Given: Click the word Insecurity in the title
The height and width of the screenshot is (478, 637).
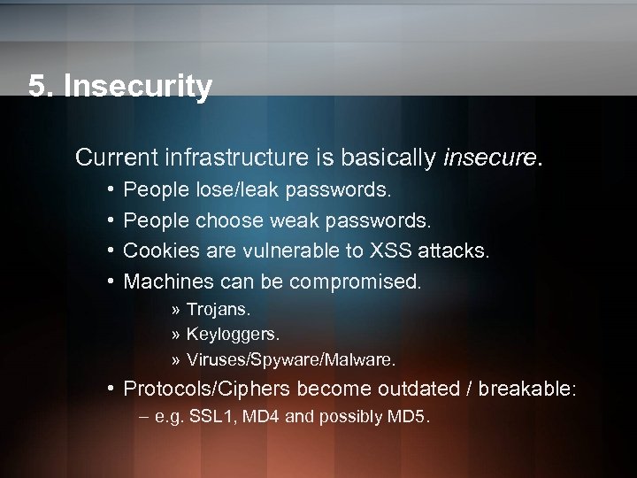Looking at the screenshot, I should coord(139,86).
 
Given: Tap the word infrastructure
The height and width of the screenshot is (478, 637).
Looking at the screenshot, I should coord(237,158).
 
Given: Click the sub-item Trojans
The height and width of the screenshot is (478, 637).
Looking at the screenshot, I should coord(219,311).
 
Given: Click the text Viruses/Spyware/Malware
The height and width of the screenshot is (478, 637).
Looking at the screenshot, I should coord(291,360).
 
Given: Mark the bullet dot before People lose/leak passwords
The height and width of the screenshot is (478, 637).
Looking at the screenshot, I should coord(107,189).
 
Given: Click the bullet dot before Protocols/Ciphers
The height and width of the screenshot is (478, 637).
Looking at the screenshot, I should coord(107,389).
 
